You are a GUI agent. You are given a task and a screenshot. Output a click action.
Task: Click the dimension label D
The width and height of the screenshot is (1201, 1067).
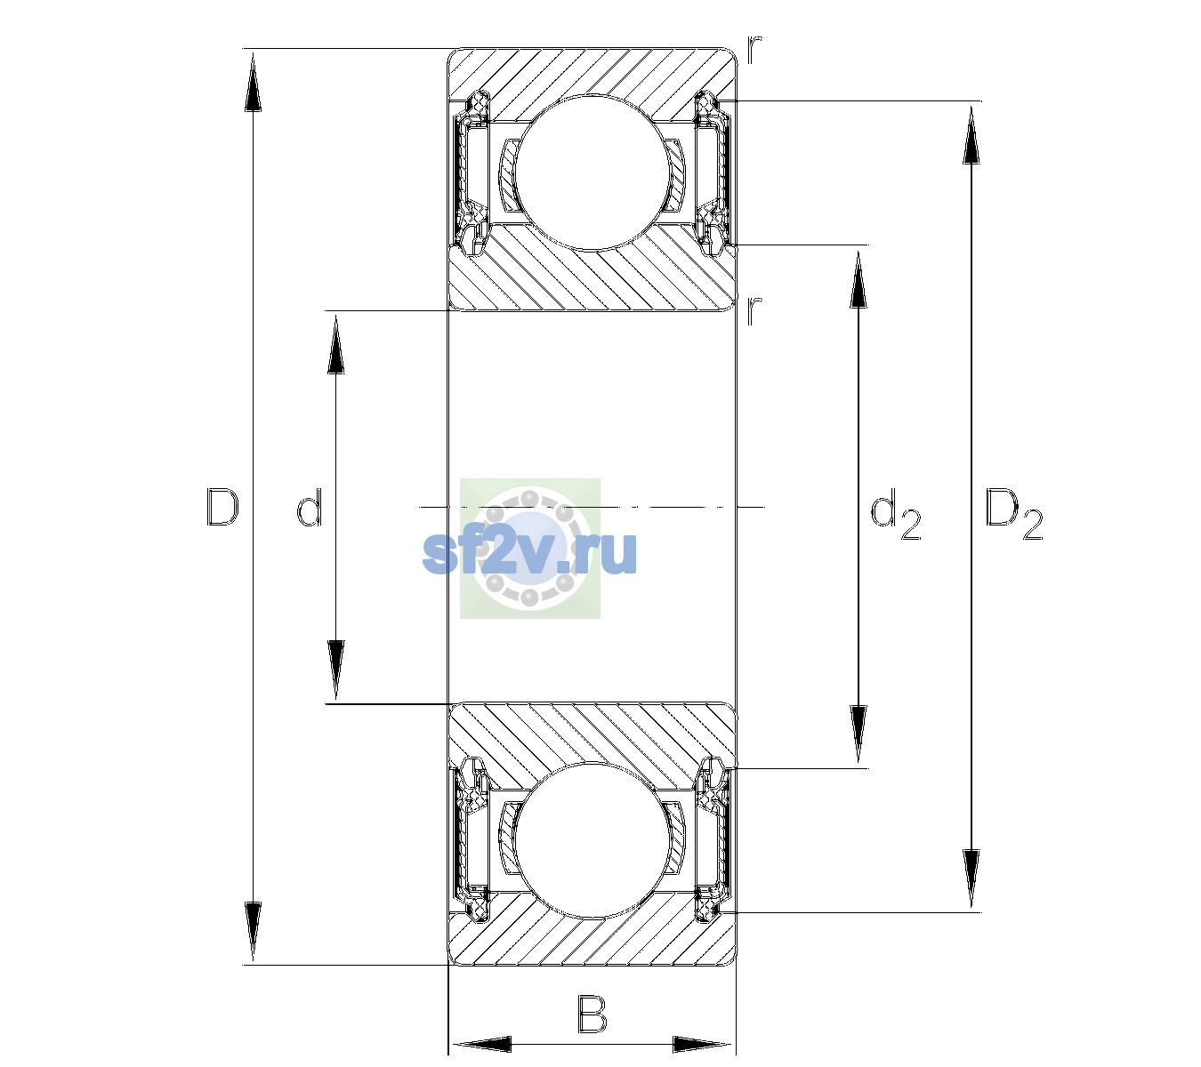(x=222, y=507)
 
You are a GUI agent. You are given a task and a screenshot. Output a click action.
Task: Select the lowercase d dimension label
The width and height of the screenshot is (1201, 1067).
(x=310, y=507)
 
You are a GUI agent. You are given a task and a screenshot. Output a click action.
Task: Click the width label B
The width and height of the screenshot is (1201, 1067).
(x=592, y=1014)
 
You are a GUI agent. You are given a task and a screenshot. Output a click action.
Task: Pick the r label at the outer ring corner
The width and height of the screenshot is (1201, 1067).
(x=754, y=50)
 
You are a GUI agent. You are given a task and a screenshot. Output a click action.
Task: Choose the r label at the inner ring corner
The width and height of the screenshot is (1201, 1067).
(x=754, y=310)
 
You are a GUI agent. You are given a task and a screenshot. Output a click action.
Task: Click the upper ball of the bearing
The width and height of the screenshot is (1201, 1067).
(x=592, y=172)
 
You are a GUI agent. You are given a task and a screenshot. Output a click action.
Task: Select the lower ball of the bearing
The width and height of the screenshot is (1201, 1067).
(x=592, y=840)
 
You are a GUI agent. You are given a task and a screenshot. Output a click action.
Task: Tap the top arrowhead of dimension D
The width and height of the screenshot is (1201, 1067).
(x=254, y=82)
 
